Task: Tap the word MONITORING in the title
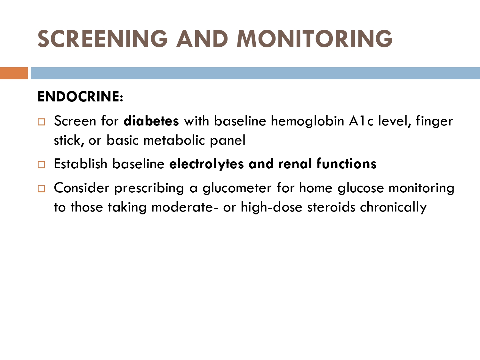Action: click(315, 39)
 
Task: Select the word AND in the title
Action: click(202, 39)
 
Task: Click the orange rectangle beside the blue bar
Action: click(14, 73)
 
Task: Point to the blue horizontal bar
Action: click(255, 73)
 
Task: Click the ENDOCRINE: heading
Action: click(80, 97)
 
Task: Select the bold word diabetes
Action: click(151, 121)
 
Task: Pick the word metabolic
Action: click(174, 140)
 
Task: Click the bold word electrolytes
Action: click(206, 164)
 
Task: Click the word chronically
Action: click(393, 208)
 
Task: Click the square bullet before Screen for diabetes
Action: click(41, 122)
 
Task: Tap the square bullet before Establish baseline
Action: click(41, 164)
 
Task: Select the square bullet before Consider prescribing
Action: click(41, 188)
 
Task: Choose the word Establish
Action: click(80, 164)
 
